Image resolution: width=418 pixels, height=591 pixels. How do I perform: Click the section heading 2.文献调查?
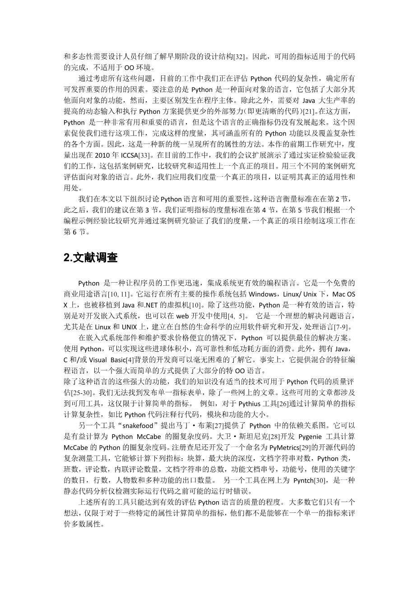coord(91,258)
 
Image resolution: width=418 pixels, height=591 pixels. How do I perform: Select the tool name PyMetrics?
coord(287,447)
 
